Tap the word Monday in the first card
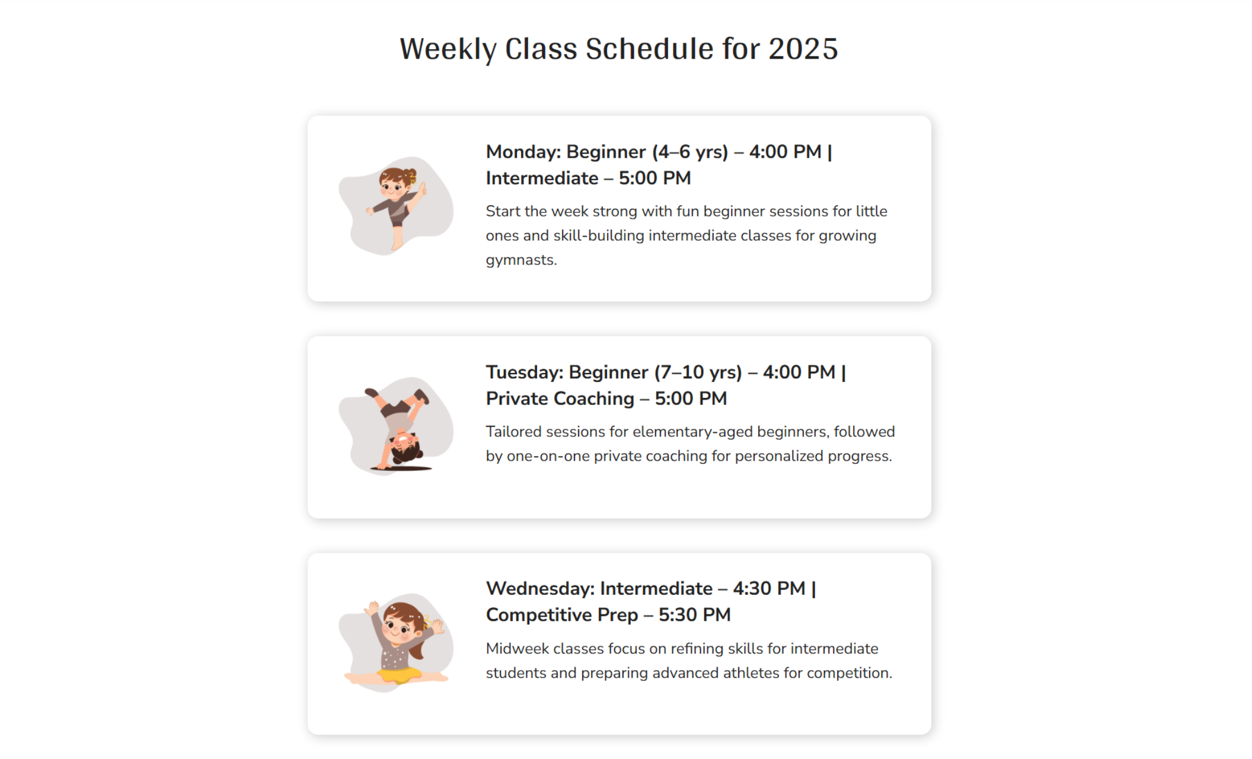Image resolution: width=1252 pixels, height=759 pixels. (522, 152)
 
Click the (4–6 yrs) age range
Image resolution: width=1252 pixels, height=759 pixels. (689, 152)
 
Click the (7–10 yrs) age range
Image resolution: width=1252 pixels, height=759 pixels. (698, 372)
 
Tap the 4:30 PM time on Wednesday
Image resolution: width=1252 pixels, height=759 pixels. (769, 588)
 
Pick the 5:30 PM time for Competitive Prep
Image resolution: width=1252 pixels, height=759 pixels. (694, 615)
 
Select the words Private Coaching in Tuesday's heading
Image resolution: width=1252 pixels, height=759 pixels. (560, 398)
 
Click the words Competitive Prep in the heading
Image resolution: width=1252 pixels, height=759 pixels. (561, 615)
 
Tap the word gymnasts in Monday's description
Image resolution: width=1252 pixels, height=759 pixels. (520, 260)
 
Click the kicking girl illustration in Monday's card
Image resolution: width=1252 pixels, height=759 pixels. (397, 205)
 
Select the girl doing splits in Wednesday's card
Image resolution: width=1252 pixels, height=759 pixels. (397, 643)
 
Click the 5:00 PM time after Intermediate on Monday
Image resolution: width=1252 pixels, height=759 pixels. (654, 178)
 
